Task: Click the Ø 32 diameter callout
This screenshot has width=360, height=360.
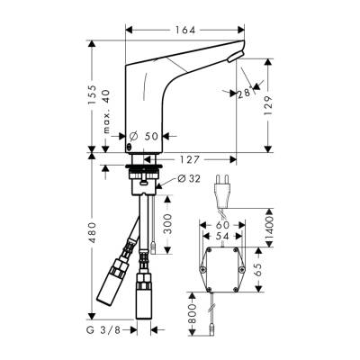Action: tap(181, 178)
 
